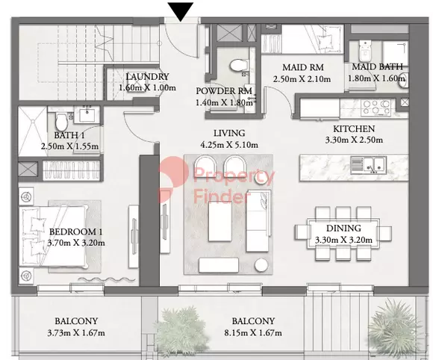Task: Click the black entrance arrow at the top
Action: (x=181, y=11)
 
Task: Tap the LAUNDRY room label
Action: (x=147, y=76)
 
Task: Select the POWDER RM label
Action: (x=224, y=91)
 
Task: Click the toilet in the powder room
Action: (x=238, y=66)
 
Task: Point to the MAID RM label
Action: (x=303, y=67)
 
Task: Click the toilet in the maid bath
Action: (x=365, y=51)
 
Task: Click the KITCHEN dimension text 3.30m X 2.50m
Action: (x=354, y=140)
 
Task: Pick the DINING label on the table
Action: (x=343, y=229)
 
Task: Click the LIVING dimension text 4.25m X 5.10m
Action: (x=229, y=145)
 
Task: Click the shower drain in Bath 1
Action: (x=33, y=121)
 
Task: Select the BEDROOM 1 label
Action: (x=75, y=232)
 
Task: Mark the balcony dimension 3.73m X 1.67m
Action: (x=76, y=333)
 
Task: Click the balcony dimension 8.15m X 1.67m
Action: (x=253, y=333)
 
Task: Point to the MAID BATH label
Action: (x=377, y=67)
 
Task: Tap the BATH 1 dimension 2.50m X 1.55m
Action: (x=69, y=146)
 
